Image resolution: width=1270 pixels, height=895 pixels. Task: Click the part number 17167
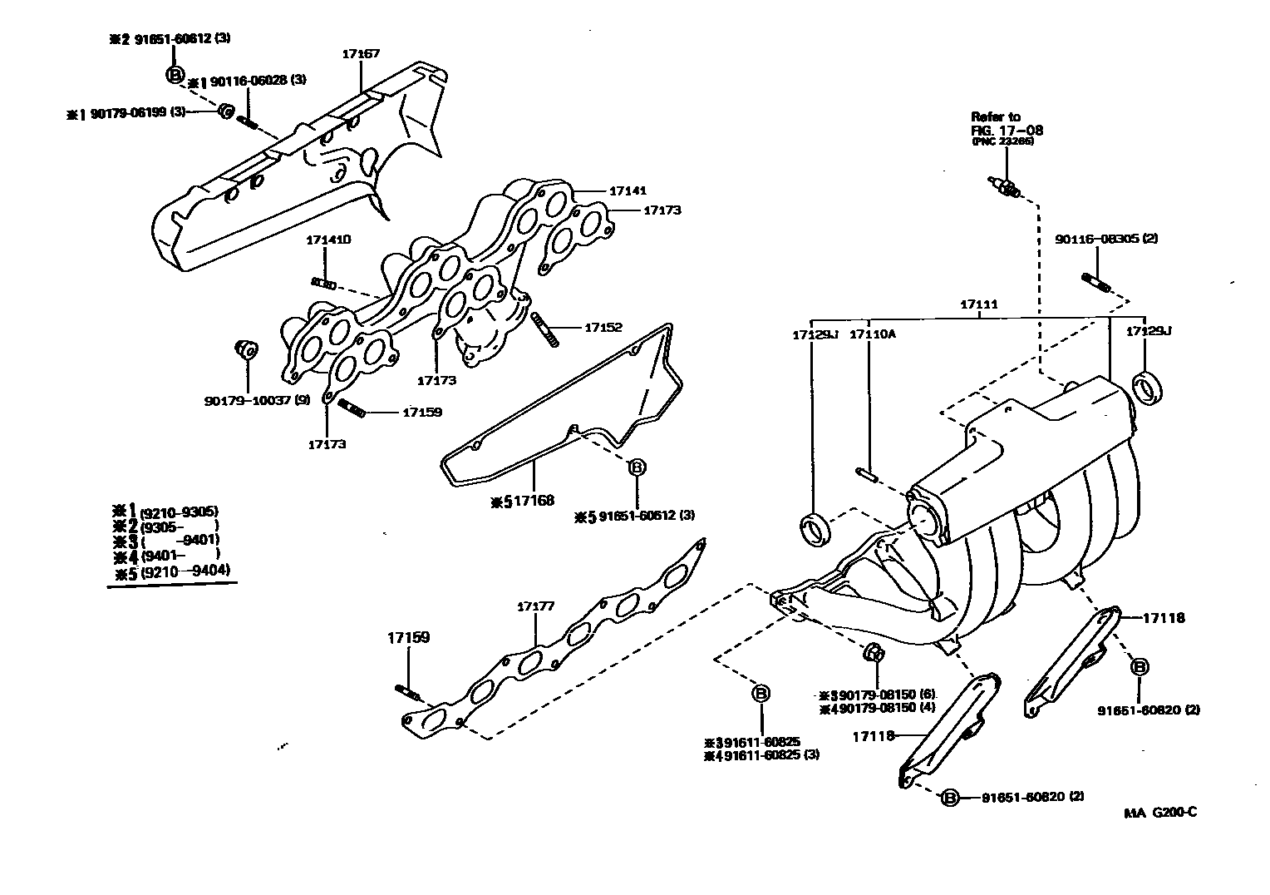point(361,54)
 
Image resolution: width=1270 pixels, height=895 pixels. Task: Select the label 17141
point(628,190)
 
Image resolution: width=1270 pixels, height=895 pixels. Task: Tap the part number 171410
point(327,240)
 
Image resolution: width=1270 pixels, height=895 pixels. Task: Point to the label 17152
point(603,328)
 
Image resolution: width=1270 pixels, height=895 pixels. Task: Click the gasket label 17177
point(536,606)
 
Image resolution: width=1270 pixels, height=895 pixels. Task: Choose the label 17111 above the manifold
point(978,305)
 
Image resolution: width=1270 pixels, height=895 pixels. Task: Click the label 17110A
point(872,334)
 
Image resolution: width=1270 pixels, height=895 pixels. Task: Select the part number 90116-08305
point(1106,239)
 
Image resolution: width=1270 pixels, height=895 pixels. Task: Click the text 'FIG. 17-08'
point(1007,130)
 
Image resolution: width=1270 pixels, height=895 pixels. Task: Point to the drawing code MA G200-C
point(1160,813)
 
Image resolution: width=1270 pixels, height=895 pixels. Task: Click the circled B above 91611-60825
point(761,693)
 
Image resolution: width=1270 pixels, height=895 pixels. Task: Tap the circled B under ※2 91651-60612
point(175,75)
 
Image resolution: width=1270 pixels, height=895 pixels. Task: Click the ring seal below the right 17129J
point(1148,389)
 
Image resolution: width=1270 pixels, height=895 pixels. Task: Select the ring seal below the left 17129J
point(815,530)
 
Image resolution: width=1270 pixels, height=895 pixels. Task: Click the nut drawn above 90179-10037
point(245,349)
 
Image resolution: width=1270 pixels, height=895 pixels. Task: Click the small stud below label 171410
point(323,284)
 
